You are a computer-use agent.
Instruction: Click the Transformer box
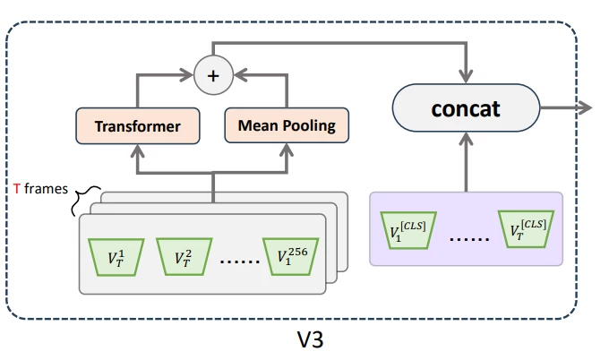click(137, 126)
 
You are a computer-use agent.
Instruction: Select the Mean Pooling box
click(286, 126)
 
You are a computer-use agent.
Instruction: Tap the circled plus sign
click(212, 77)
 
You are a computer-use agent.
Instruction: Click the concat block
click(466, 108)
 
